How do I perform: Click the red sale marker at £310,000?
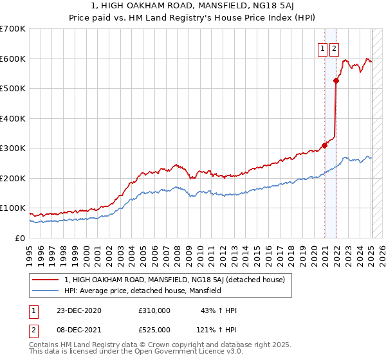(x=325, y=145)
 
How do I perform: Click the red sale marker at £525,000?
(x=336, y=81)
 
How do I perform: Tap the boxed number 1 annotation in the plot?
(x=322, y=47)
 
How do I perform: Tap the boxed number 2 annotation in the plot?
(x=335, y=47)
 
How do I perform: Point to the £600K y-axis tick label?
(x=13, y=59)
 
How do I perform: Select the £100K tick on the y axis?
(x=13, y=208)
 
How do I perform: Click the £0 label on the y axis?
(x=20, y=238)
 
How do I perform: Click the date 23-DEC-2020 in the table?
(x=78, y=310)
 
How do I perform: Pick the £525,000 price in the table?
(x=154, y=330)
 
